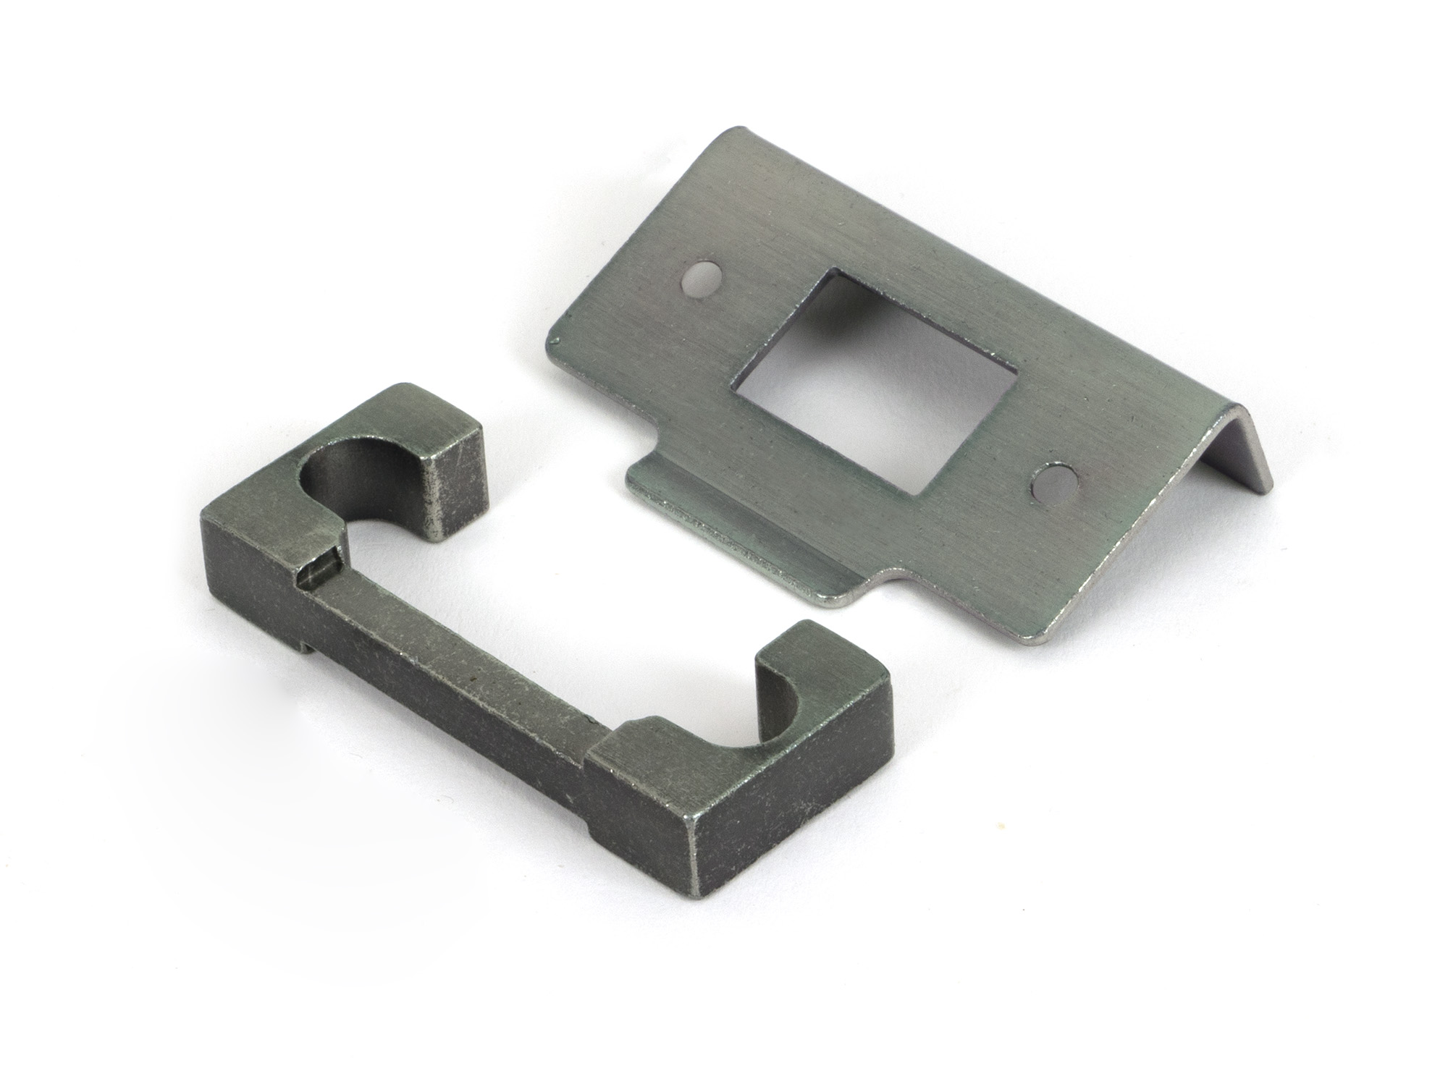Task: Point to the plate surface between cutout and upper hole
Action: pyautogui.click(x=767, y=304)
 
